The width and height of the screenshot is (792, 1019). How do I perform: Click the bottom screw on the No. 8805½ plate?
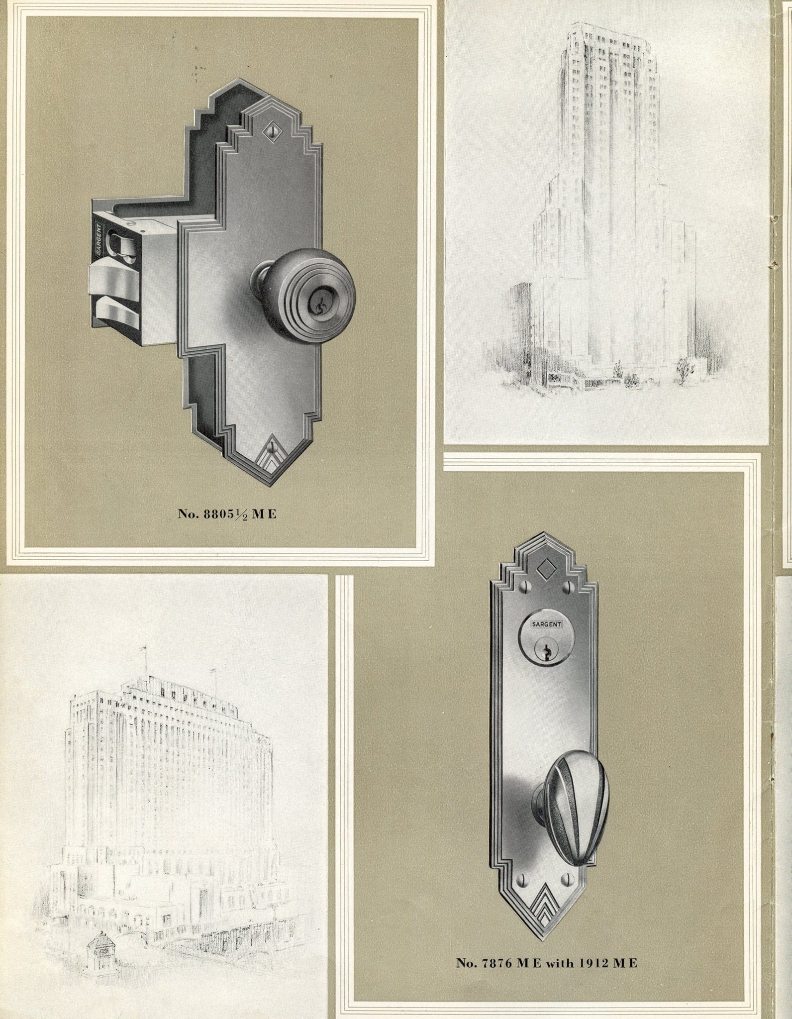[271, 444]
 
